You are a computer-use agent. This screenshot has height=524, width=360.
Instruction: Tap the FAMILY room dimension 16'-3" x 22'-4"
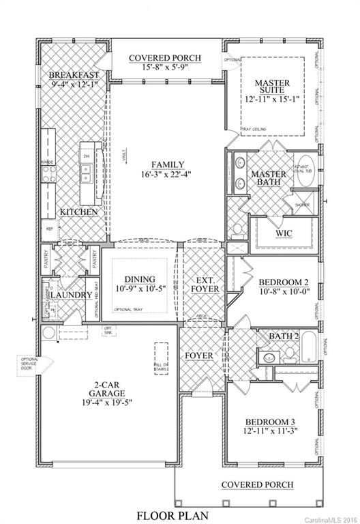(x=166, y=175)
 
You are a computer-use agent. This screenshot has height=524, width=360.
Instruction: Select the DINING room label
(x=140, y=279)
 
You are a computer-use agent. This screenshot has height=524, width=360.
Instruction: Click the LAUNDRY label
(x=70, y=295)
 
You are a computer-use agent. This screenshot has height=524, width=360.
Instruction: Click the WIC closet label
(x=283, y=233)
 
